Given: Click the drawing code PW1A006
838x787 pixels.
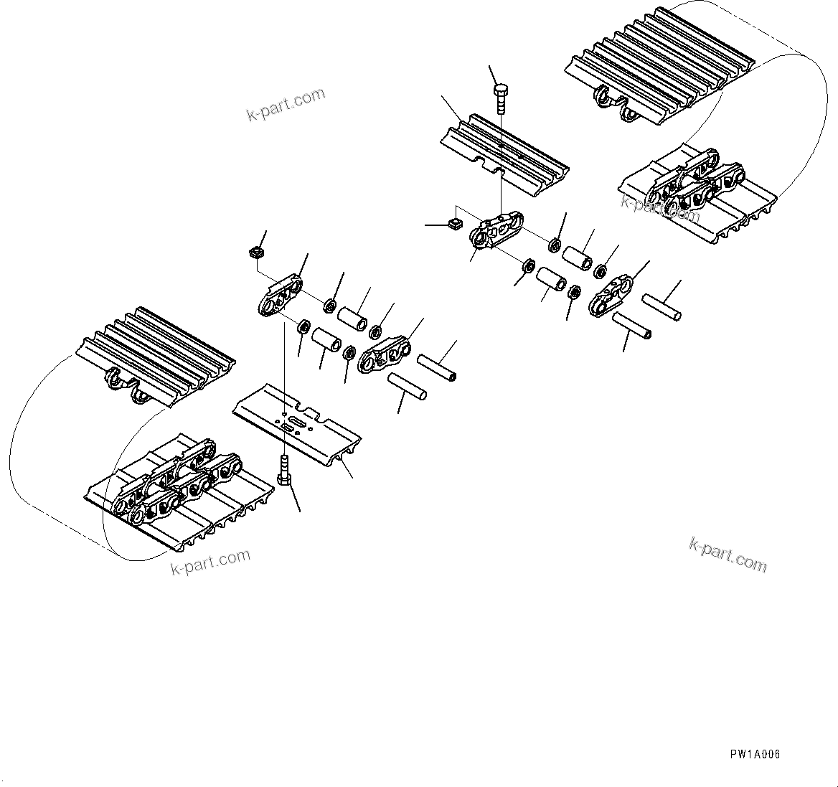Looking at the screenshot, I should click(x=755, y=754).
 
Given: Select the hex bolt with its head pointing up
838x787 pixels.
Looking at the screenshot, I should click(x=501, y=98).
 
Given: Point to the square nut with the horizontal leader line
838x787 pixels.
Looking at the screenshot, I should click(x=453, y=225).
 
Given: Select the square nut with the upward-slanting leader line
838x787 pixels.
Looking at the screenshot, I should click(x=255, y=253).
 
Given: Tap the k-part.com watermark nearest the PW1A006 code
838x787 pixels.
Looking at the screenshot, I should click(x=728, y=554).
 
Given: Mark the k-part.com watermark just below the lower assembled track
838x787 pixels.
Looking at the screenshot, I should click(x=210, y=562).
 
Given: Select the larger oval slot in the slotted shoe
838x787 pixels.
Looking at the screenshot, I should click(x=289, y=428).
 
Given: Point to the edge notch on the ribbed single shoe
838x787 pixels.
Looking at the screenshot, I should click(x=490, y=169).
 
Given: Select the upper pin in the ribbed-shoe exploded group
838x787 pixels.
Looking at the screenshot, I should click(x=661, y=307).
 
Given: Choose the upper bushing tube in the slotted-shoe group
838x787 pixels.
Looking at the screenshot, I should click(x=352, y=318).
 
